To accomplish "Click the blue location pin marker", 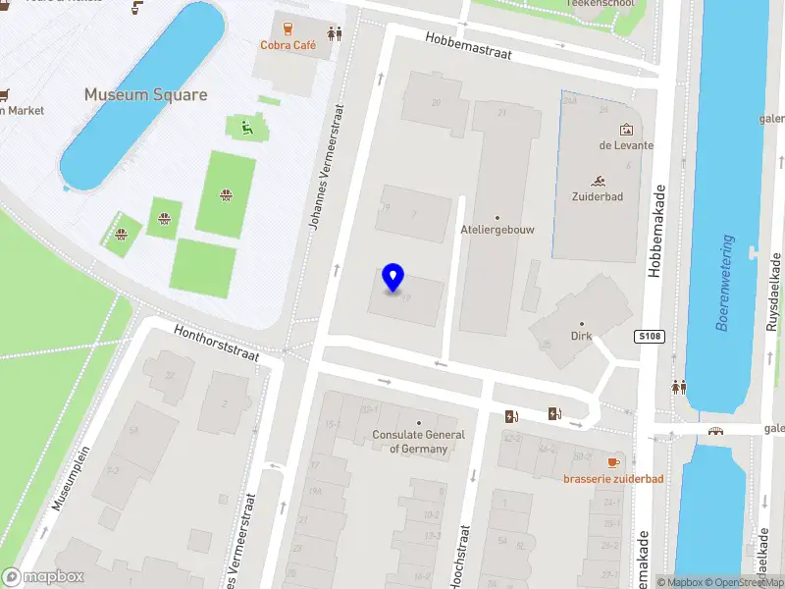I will [393, 278].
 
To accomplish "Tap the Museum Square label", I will [145, 95].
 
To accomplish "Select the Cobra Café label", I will [288, 45].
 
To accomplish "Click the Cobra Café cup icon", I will [288, 28].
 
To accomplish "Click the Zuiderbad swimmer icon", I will [598, 181].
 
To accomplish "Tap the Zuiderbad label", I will [598, 196].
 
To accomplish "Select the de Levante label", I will [626, 145].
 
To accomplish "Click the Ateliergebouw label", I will [497, 230].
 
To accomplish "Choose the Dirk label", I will [582, 336].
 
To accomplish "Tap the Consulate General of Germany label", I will [419, 442].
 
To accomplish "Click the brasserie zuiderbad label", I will [613, 479].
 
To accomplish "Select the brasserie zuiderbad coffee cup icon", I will [613, 462].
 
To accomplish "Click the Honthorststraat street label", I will [216, 343].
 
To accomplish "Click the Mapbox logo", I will [42, 577].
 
